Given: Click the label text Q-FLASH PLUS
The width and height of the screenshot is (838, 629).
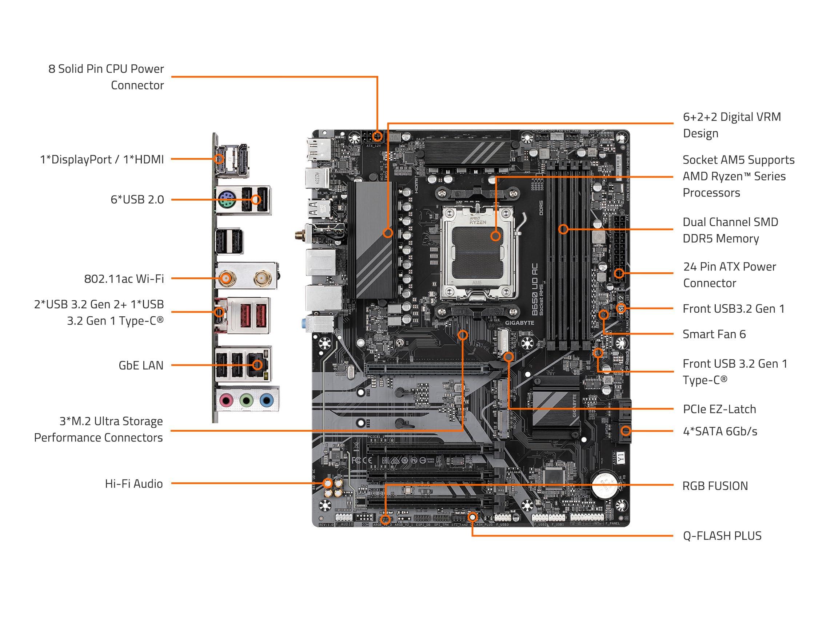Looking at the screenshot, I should coord(722,536).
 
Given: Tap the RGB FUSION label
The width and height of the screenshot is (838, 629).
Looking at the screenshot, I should coord(715,486).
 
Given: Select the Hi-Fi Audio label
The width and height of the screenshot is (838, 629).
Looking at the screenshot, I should coord(134,483).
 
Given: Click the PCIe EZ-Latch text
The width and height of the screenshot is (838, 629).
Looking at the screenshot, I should coord(719,409).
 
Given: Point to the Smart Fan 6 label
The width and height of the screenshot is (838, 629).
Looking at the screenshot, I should coord(714,334).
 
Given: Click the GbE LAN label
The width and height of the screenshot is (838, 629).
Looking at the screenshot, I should coord(141,365).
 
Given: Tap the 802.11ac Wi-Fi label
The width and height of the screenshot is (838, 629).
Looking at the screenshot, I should coord(124,279).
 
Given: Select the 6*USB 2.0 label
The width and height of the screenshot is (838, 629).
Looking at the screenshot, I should coord(137,199).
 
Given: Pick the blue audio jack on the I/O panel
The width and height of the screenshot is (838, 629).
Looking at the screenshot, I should coord(267,399).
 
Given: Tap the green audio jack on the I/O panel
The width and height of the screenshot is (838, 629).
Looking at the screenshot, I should coord(247,399).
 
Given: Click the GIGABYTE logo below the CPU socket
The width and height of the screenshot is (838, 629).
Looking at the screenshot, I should coord(519,323).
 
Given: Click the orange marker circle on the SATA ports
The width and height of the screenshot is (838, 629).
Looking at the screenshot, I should coord(626,431).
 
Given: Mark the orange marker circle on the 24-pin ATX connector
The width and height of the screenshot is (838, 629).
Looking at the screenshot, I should coord(619,273).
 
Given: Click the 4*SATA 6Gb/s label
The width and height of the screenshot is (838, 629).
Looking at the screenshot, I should coord(720,431).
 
